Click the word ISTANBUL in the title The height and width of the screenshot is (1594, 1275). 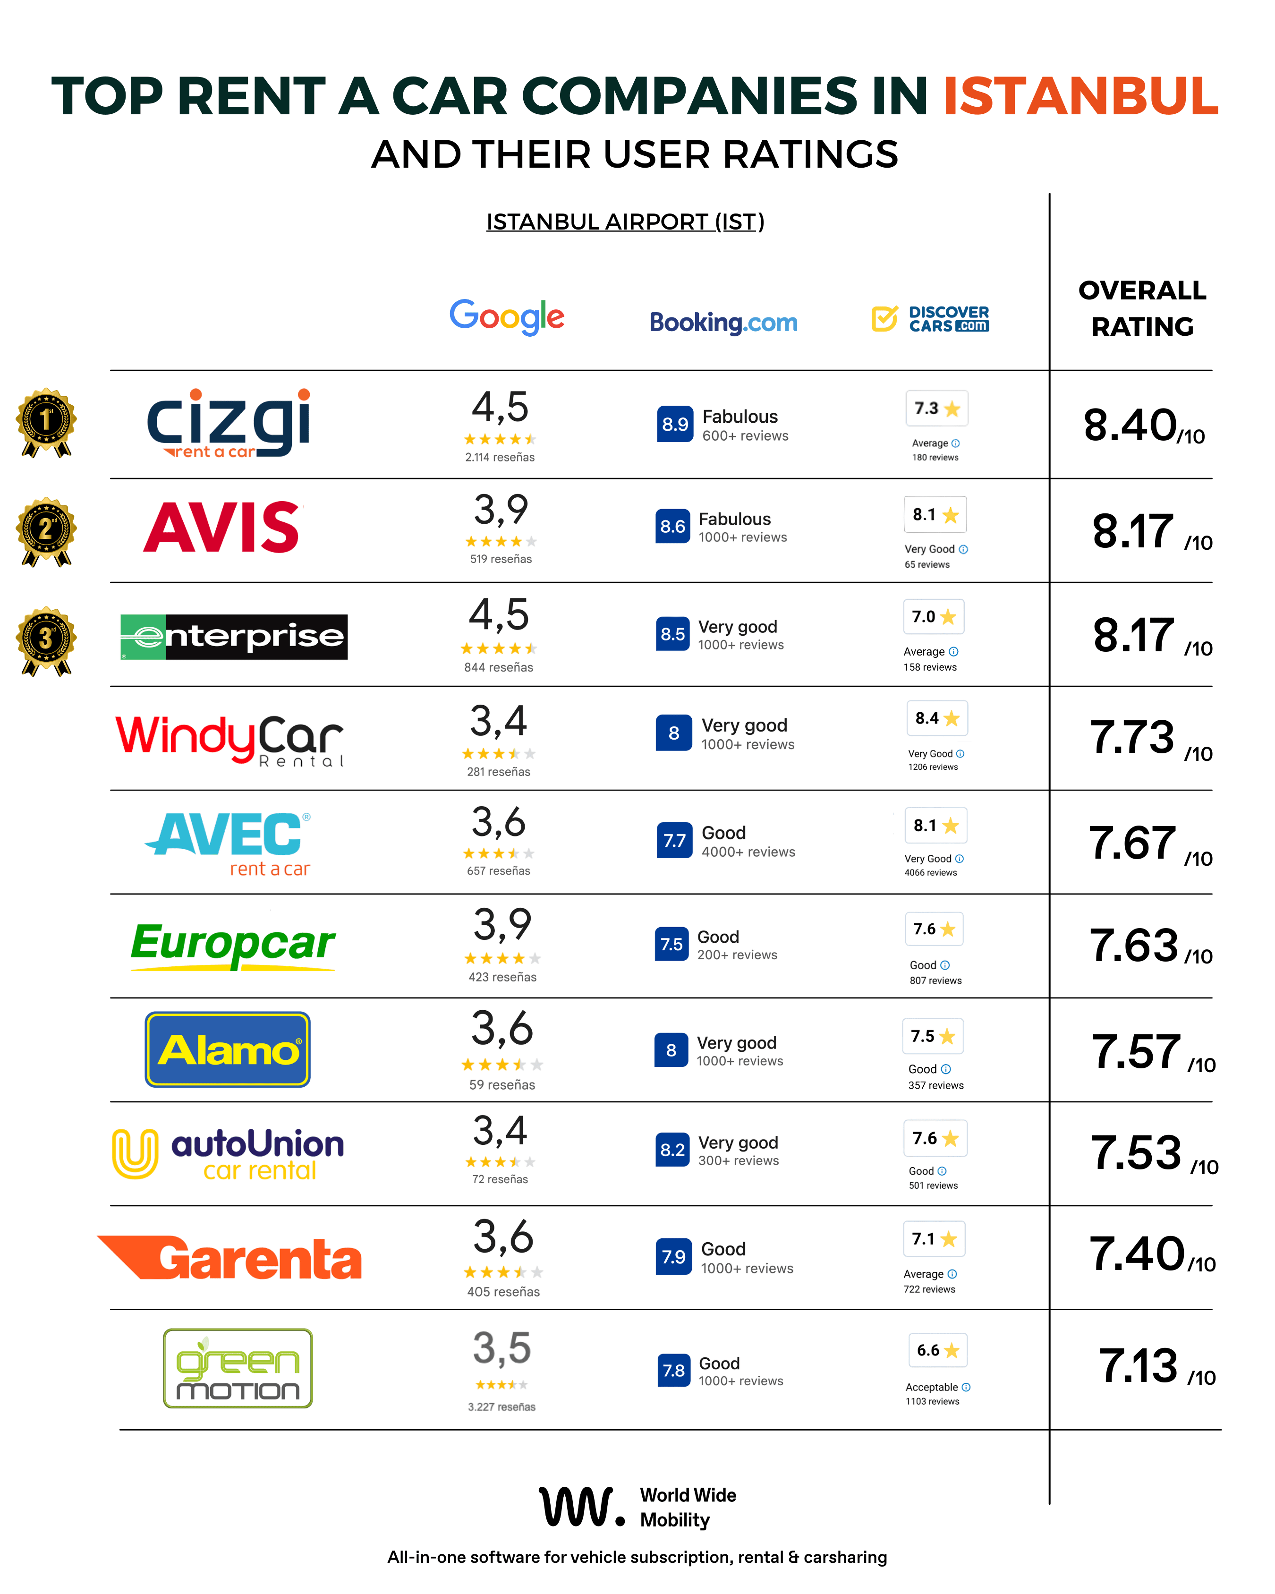(x=1080, y=96)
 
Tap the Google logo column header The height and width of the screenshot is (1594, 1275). (x=507, y=316)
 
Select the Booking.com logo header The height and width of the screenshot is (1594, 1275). (x=723, y=323)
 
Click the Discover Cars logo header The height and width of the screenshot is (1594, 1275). (x=930, y=319)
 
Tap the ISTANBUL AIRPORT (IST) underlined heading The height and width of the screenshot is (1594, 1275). (x=625, y=222)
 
